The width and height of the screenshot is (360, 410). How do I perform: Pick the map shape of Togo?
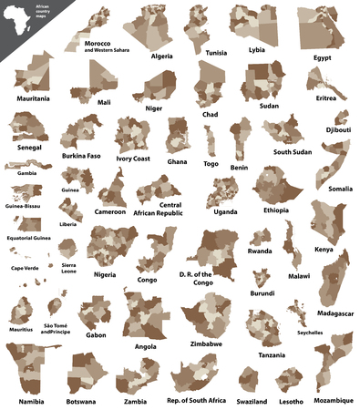212,142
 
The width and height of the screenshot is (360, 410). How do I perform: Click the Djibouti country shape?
340,118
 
